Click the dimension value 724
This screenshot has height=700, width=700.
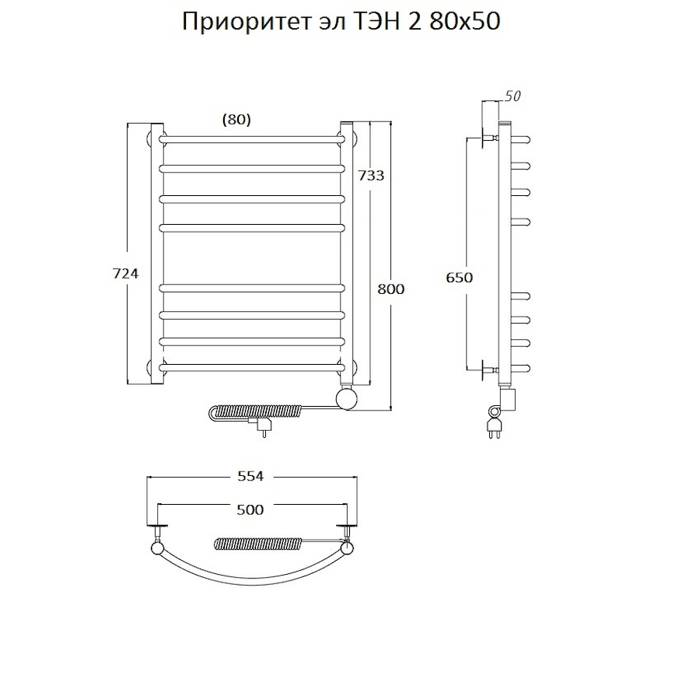coord(127,274)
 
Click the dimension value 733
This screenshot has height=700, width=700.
coord(371,176)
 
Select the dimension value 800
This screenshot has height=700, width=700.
coord(391,289)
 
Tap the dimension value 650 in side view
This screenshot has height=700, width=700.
coord(460,278)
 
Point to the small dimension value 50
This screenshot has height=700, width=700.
coord(513,96)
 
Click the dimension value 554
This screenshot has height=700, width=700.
coord(251,476)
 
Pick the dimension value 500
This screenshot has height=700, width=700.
coord(250,509)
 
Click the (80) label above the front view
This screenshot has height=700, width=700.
coord(236,119)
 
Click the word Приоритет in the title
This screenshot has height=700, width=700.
coord(237,23)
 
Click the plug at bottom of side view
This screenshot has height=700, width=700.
coord(493,425)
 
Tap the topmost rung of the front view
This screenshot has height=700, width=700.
coord(253,139)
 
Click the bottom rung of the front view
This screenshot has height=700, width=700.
coord(253,366)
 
